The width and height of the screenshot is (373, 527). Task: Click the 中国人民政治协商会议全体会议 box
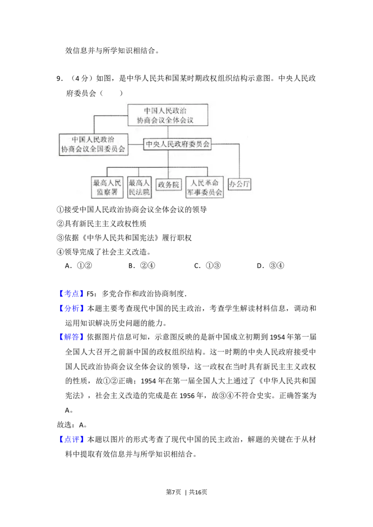[168, 115]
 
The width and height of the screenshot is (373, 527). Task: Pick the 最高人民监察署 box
[107, 187]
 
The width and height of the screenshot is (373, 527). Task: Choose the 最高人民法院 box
[139, 187]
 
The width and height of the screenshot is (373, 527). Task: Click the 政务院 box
[168, 185]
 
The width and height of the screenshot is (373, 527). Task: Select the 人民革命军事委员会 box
[204, 187]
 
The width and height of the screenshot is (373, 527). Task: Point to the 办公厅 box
[240, 184]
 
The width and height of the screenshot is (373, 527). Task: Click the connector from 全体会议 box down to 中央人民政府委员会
[168, 132]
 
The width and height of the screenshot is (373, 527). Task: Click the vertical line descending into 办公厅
[240, 161]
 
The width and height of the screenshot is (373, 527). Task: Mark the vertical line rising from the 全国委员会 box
[94, 124]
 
